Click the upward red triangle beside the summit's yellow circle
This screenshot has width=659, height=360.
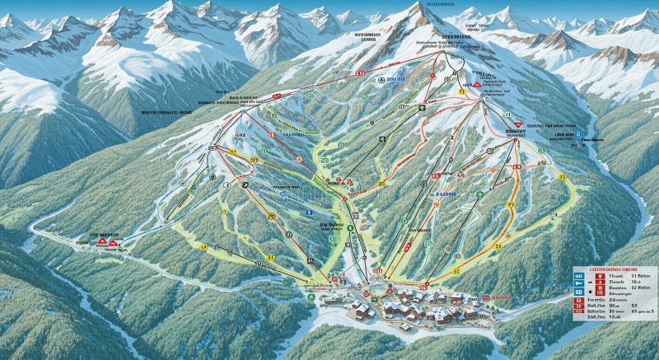[x=476, y=84]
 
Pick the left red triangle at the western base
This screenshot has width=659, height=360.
[x=102, y=242]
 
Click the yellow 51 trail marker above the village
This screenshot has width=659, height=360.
[x=456, y=270]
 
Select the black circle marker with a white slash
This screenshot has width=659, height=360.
[x=245, y=185]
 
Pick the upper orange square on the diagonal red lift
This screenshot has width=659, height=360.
[x=273, y=134]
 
